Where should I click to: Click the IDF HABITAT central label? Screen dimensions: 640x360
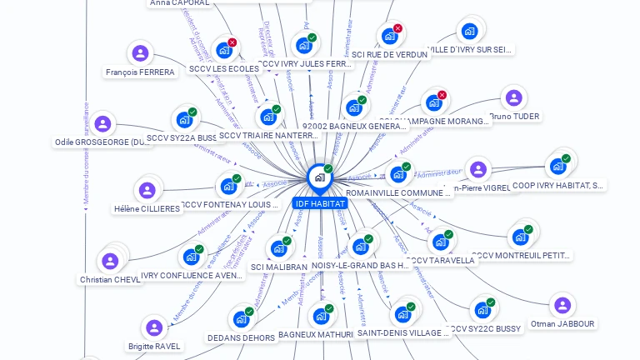(320, 203)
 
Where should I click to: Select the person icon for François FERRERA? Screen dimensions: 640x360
(140, 54)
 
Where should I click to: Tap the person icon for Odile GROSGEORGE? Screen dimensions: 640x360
(102, 124)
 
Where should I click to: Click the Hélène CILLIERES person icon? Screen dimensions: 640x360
(147, 191)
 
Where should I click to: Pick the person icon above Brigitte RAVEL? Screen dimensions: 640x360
(153, 327)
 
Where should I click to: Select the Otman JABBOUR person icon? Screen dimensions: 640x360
(562, 305)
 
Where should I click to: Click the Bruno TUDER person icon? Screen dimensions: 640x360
(513, 98)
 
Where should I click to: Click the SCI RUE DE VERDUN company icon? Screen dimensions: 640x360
(388, 37)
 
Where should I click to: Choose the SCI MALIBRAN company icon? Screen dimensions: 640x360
(277, 248)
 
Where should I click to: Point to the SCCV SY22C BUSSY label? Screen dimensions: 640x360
(485, 329)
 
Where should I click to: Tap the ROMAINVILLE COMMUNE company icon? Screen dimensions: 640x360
(397, 175)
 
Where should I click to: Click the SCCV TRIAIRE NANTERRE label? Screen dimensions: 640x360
(269, 136)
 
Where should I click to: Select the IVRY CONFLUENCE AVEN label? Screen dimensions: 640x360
(192, 276)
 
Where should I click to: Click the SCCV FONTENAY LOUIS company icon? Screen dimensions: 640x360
(227, 186)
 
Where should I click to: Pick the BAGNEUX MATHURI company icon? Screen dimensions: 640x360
(320, 317)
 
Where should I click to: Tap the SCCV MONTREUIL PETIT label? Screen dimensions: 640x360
(522, 255)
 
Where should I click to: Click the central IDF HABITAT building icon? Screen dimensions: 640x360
(318, 177)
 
